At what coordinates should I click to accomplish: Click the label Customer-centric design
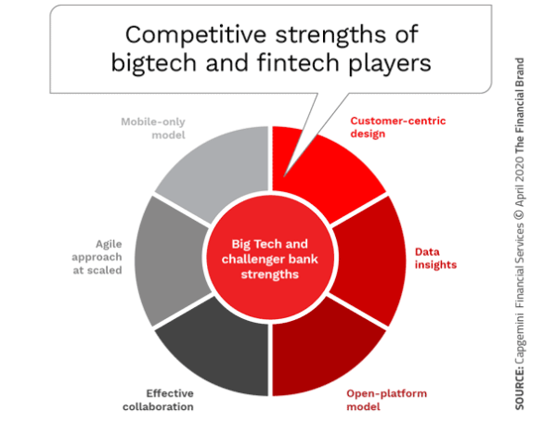click(398, 127)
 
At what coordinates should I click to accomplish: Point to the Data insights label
click(435, 258)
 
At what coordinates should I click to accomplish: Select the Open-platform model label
click(386, 400)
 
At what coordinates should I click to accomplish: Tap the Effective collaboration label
click(159, 400)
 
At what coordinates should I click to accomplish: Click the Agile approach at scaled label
click(97, 257)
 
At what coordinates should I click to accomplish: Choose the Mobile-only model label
click(153, 128)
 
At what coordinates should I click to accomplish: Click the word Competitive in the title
click(196, 35)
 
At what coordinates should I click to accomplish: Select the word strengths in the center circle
click(270, 275)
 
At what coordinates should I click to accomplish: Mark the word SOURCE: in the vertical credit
click(520, 389)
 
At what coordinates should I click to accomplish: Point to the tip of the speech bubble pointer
click(284, 177)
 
